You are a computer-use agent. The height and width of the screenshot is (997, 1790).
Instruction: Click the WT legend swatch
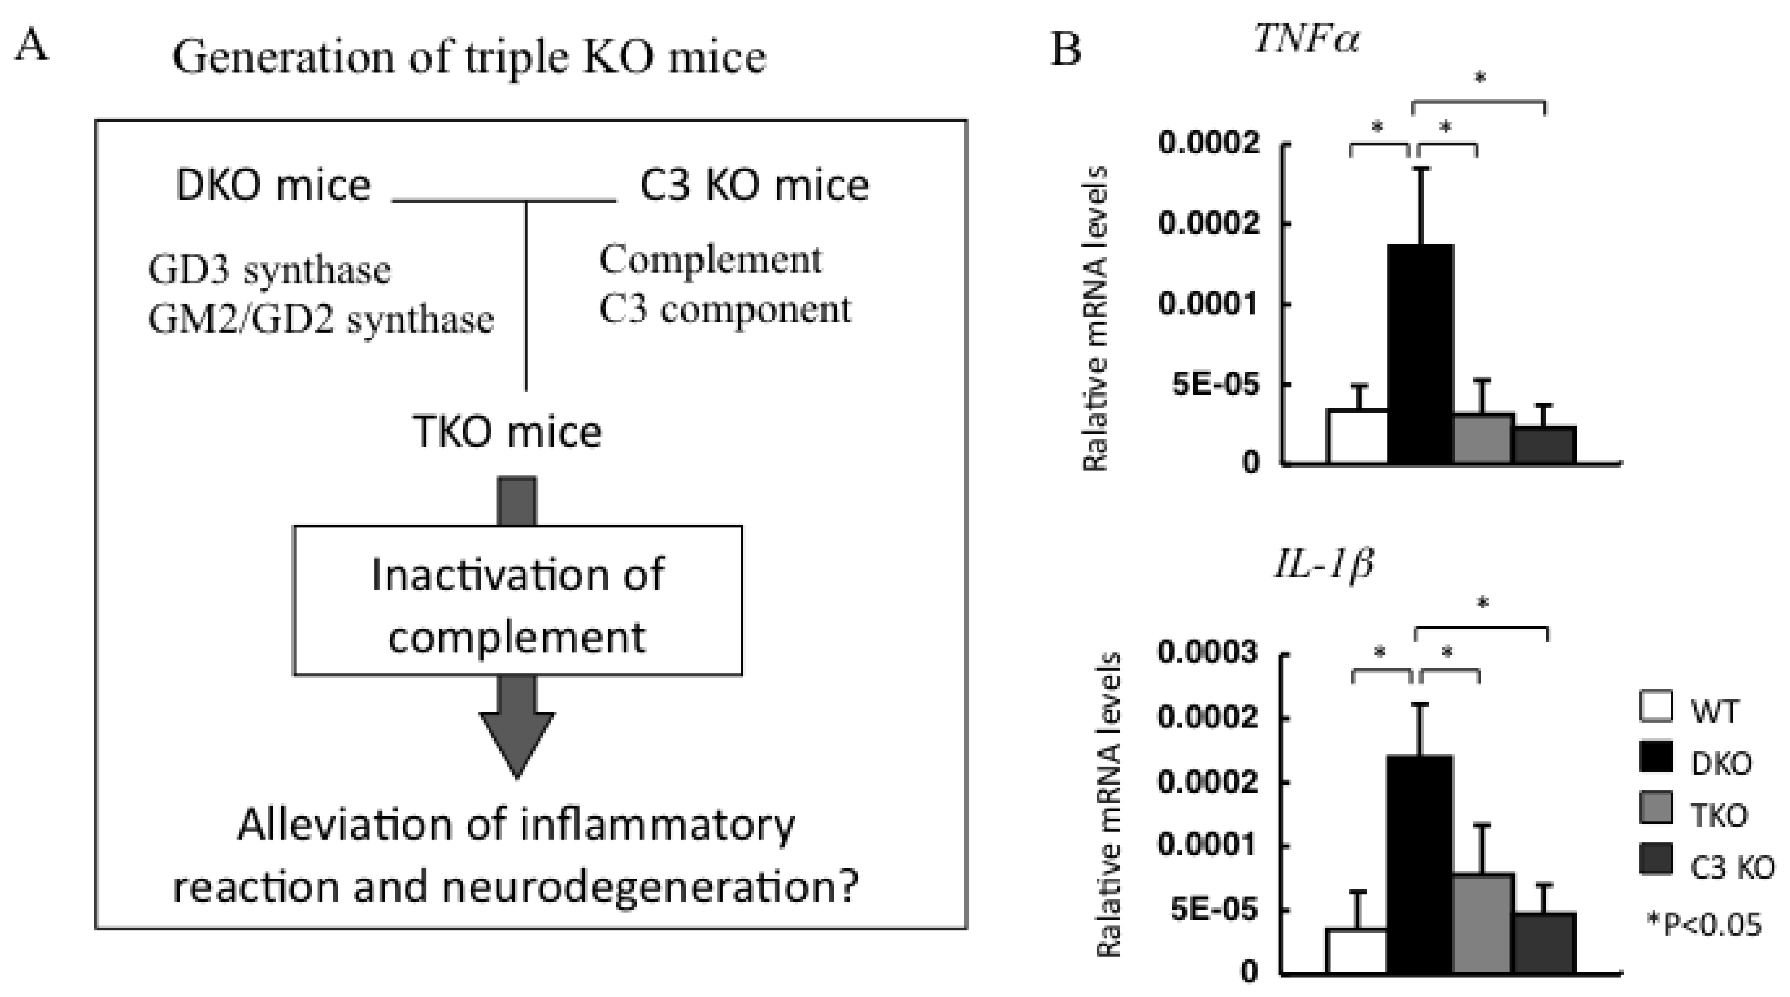point(1655,706)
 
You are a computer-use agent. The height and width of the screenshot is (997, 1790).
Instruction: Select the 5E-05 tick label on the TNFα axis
point(1215,384)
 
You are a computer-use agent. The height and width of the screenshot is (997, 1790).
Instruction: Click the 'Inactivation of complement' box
point(518,600)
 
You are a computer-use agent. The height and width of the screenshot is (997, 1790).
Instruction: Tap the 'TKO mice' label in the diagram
point(507,432)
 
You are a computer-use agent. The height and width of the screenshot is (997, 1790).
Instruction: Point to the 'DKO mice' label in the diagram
point(273,186)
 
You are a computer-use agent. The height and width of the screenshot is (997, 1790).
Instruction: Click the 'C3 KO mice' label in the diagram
point(754,186)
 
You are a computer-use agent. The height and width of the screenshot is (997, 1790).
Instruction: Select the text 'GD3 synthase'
point(269,270)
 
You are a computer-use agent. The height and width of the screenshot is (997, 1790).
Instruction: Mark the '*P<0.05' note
point(1704,924)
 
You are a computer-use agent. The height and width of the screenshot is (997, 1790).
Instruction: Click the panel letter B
point(1066,49)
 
